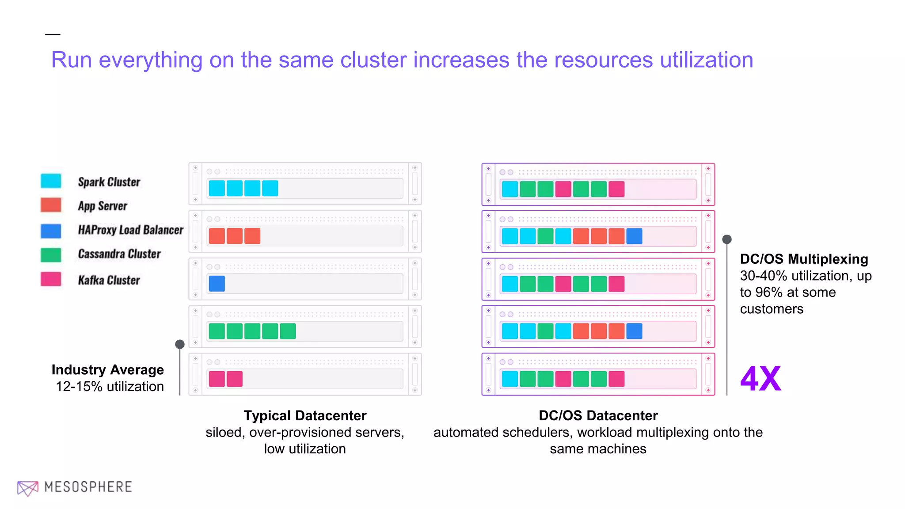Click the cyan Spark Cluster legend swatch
(51, 181)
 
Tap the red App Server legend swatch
(51, 205)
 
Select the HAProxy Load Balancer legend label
(130, 230)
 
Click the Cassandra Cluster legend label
(119, 254)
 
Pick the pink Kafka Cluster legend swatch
(51, 279)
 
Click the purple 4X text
(761, 379)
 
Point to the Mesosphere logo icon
(27, 488)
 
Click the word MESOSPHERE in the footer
(88, 487)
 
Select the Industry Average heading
(107, 369)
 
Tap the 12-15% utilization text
(110, 387)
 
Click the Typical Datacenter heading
(305, 415)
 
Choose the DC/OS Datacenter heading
(598, 415)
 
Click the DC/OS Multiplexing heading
(804, 259)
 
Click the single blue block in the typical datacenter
(217, 284)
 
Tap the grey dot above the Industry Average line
(180, 344)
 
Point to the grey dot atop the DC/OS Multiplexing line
(727, 239)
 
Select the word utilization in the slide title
(706, 60)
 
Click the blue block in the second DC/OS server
(634, 236)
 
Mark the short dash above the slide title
(53, 34)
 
